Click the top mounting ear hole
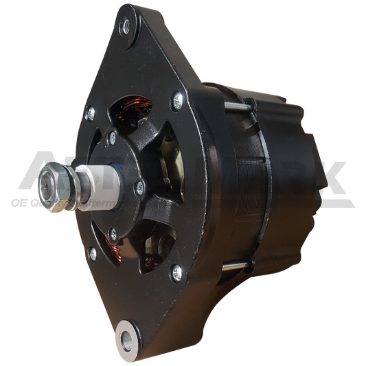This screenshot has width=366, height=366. [x=126, y=29]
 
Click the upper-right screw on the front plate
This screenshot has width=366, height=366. [x=179, y=100]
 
